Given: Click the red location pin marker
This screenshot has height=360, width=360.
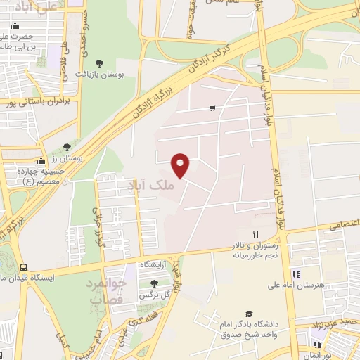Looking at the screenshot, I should point(181,165).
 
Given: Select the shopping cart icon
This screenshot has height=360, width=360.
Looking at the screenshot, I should point(212,108).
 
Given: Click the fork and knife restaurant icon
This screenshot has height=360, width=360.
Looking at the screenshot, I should point(256,234).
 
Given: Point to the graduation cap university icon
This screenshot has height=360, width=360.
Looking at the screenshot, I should point(248,314).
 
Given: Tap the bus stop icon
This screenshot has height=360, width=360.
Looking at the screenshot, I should point(24,267).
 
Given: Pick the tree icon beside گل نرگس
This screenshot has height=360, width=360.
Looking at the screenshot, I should point(155,283).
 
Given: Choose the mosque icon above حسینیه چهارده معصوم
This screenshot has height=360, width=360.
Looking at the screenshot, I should point(41,160).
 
